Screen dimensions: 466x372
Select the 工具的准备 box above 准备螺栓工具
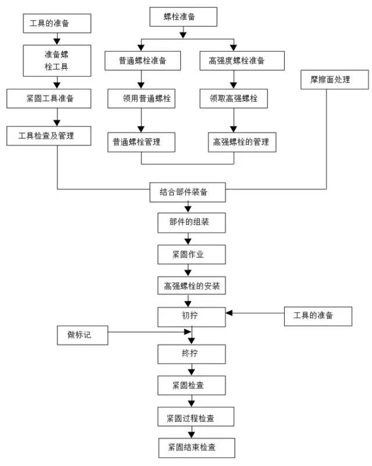(x=57, y=24)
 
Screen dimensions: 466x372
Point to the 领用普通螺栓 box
(x=142, y=98)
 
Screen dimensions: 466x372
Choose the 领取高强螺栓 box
(x=234, y=98)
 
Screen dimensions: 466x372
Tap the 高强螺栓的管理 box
(x=241, y=141)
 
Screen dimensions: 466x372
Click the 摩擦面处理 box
(x=334, y=79)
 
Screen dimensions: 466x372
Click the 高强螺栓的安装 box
(x=191, y=286)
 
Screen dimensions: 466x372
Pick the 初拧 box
(x=191, y=315)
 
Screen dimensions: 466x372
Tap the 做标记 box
(x=83, y=336)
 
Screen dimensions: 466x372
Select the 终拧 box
(x=191, y=354)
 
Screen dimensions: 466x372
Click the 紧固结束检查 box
(x=197, y=447)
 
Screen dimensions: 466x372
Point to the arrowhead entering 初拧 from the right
(x=230, y=314)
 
